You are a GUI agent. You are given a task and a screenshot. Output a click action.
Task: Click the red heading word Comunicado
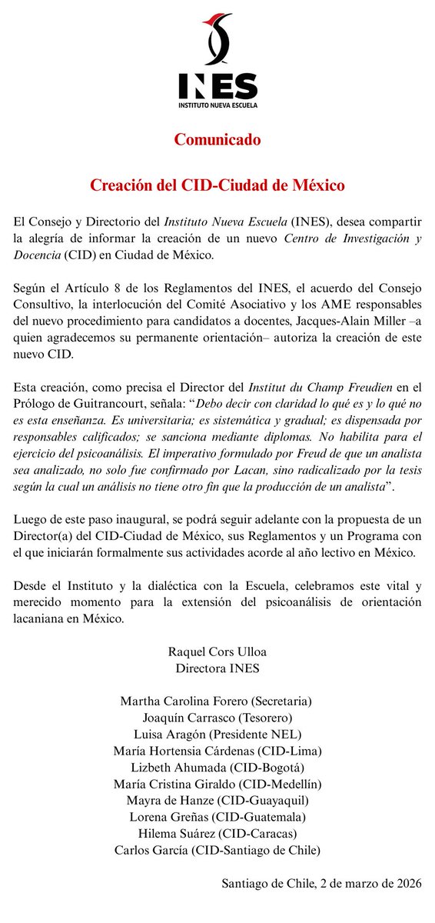217,140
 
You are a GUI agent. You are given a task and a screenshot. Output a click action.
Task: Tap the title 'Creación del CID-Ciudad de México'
217,185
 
